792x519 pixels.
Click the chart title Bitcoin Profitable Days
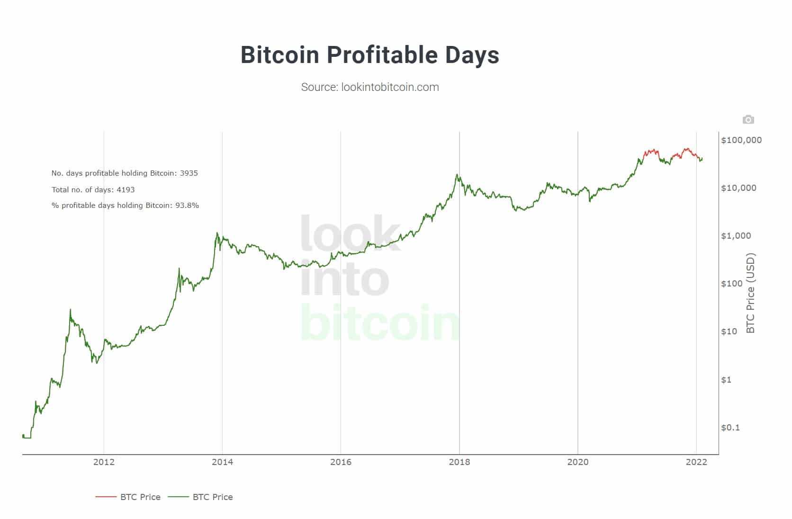click(x=370, y=55)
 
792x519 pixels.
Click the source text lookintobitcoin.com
click(x=370, y=87)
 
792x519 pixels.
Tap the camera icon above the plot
click(x=748, y=120)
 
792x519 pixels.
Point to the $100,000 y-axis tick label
click(x=741, y=140)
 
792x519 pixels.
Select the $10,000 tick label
click(x=738, y=188)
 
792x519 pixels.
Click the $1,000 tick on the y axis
click(x=736, y=236)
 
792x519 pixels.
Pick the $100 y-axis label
click(x=732, y=284)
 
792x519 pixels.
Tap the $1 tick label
click(x=726, y=380)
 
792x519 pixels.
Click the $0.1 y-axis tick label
click(x=730, y=428)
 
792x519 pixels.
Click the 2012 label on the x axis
click(x=104, y=462)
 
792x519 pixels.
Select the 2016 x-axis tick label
click(x=341, y=462)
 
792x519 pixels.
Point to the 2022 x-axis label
click(x=696, y=462)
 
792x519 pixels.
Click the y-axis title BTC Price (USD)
click(x=750, y=294)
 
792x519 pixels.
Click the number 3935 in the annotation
click(x=189, y=173)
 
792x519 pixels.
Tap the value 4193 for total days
click(x=126, y=190)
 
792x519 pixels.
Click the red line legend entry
click(x=128, y=497)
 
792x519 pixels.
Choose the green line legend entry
click(x=201, y=497)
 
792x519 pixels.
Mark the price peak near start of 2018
click(x=457, y=175)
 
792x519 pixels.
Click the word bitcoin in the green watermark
click(x=380, y=323)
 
